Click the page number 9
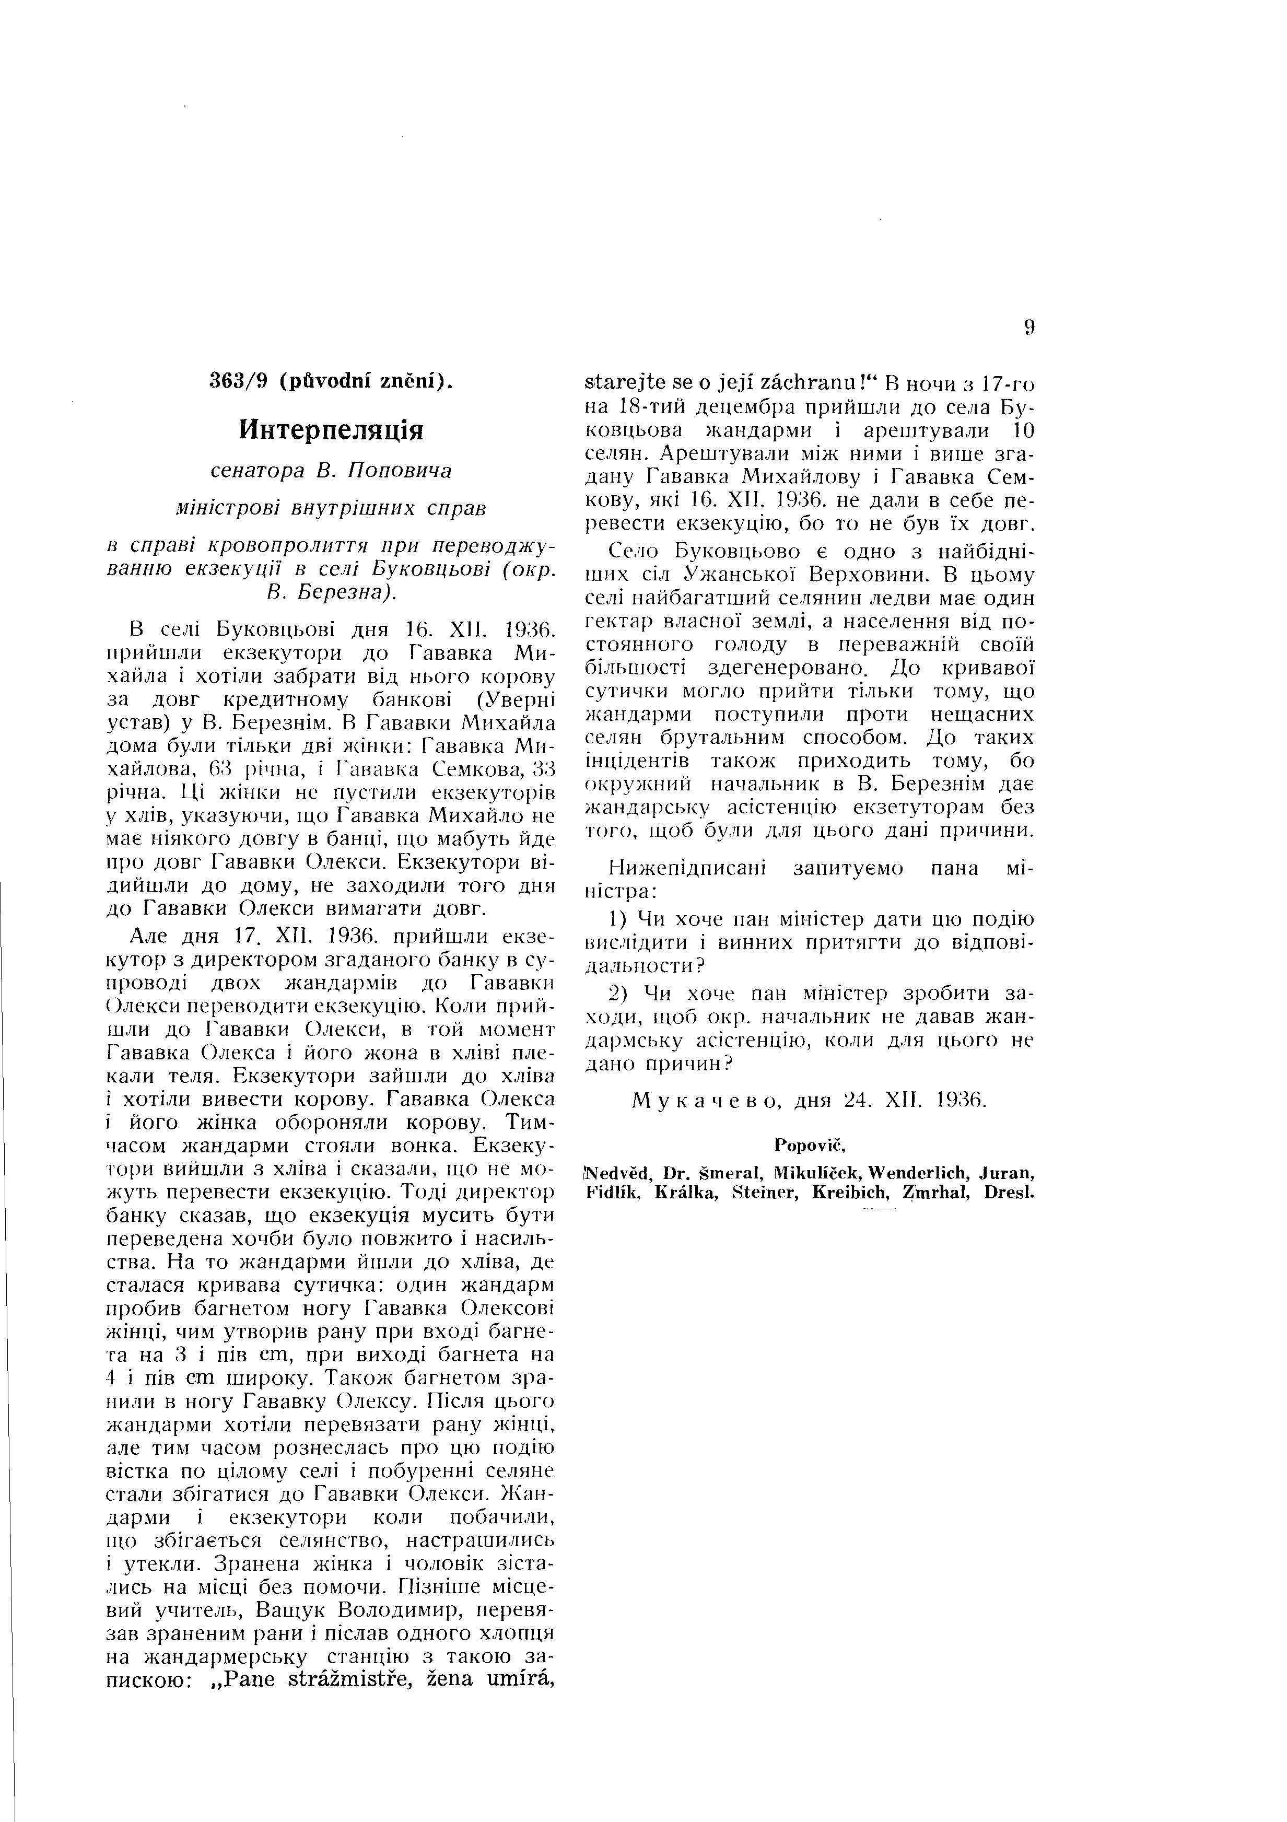1029,328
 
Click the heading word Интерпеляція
332,431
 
